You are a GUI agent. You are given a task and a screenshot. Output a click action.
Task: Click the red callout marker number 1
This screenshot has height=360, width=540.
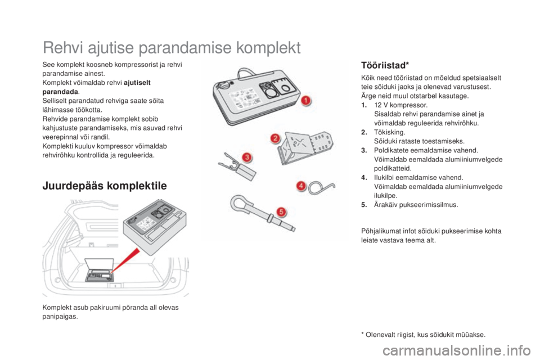pyautogui.click(x=305, y=101)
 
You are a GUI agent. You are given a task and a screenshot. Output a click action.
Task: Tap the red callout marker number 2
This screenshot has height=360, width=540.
pyautogui.click(x=275, y=138)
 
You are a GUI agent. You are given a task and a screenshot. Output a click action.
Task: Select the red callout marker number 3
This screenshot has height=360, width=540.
pyautogui.click(x=246, y=157)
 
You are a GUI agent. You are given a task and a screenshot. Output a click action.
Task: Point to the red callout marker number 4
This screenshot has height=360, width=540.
pyautogui.click(x=301, y=186)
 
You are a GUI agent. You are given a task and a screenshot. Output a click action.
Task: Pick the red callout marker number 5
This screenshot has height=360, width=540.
pyautogui.click(x=281, y=211)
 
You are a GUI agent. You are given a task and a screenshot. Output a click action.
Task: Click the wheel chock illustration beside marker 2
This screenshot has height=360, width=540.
pyautogui.click(x=305, y=148)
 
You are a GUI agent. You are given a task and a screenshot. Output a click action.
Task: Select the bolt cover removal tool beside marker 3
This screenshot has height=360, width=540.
pyautogui.click(x=237, y=166)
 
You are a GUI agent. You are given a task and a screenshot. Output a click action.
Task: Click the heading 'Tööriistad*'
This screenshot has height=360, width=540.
pyautogui.click(x=385, y=65)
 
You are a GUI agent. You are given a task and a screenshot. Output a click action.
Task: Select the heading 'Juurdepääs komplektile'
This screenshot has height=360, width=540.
pyautogui.click(x=105, y=186)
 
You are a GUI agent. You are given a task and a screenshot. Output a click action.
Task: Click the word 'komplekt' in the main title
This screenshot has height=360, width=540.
pyautogui.click(x=269, y=48)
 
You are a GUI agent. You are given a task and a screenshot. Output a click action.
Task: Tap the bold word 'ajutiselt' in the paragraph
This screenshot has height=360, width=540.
pyautogui.click(x=137, y=83)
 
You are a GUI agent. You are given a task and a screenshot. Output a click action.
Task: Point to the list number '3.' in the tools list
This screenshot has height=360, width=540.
pyautogui.click(x=364, y=150)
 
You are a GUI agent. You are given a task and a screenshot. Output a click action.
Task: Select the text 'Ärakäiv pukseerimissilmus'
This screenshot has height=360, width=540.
pyautogui.click(x=416, y=205)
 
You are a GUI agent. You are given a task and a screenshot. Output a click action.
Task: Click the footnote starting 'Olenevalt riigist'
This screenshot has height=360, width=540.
pyautogui.click(x=423, y=335)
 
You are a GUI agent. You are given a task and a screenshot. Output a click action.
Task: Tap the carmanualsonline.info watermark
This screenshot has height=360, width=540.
pyautogui.click(x=457, y=352)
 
